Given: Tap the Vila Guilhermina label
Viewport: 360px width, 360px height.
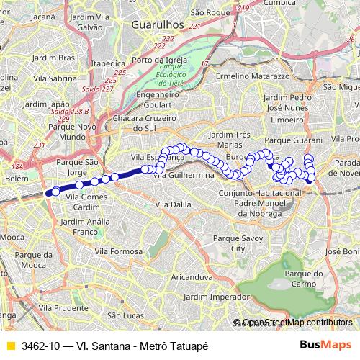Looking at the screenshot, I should (x=186, y=175).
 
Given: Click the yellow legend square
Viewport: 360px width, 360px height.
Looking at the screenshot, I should (x=10, y=345).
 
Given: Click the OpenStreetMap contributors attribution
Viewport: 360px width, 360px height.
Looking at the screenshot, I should (x=297, y=323).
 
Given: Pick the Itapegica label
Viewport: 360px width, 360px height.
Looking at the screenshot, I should (x=107, y=63).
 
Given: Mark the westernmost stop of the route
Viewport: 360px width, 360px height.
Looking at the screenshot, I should (x=49, y=192).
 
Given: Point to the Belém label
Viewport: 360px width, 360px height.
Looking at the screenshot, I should (x=16, y=177).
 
